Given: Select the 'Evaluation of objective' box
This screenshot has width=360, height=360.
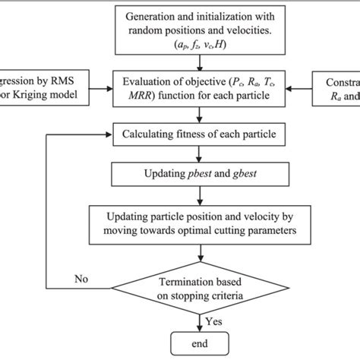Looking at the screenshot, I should tap(198, 90).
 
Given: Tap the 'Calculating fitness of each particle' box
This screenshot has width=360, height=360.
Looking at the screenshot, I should tap(198, 136).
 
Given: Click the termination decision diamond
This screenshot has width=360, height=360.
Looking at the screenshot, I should tap(198, 287).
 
